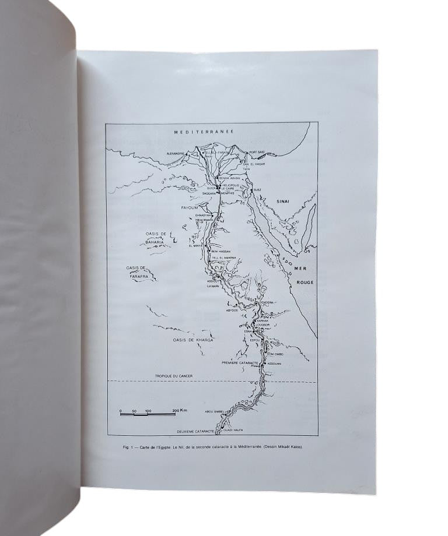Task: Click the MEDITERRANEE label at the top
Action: pos(204,132)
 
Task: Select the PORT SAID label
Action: pos(257,153)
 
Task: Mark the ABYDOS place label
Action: pos(232,311)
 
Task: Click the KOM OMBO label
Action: pos(275,354)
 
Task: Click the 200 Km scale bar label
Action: pos(180,411)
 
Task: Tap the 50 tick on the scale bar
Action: pos(134,411)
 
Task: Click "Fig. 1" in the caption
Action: pos(129,447)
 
